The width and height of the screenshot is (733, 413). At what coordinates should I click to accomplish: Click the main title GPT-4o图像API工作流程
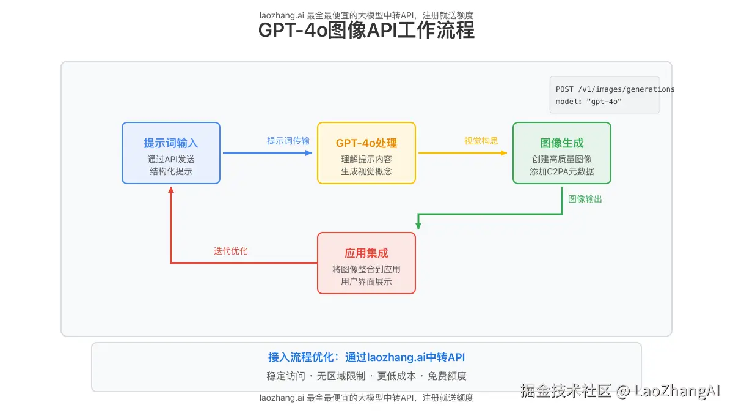(x=366, y=30)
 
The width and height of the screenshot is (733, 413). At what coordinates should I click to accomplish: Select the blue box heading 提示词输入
(x=171, y=143)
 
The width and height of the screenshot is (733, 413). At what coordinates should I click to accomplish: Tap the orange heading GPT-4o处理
(x=366, y=143)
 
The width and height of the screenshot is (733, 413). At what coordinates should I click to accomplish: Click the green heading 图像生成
(x=562, y=143)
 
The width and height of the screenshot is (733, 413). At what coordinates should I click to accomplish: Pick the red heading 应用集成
(x=366, y=253)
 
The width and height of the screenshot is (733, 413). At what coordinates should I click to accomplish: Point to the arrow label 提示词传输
(x=288, y=141)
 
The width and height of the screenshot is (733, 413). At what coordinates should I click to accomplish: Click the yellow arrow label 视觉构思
(x=481, y=141)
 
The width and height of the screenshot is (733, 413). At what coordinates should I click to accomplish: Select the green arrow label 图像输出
(x=585, y=199)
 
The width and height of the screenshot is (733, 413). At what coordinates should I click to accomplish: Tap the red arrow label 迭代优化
(x=231, y=251)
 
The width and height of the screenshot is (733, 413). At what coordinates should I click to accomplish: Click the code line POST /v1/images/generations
(x=615, y=89)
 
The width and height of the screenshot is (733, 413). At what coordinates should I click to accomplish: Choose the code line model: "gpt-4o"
(x=589, y=102)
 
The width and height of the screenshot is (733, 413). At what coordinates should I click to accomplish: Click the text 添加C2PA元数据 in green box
(x=562, y=171)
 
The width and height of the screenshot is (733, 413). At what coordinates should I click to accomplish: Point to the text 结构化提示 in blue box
(x=171, y=171)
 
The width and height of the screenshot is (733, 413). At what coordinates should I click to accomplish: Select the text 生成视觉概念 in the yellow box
(x=366, y=171)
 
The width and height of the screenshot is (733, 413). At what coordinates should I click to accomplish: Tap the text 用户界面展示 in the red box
(x=366, y=281)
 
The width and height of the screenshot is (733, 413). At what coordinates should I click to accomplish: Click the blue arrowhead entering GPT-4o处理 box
(x=308, y=153)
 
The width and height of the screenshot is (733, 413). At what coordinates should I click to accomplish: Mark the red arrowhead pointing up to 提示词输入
(x=171, y=190)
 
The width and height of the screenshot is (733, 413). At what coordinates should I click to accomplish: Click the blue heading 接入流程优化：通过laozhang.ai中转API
(x=366, y=358)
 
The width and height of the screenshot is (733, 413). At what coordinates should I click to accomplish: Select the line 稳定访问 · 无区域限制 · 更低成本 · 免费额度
(x=366, y=376)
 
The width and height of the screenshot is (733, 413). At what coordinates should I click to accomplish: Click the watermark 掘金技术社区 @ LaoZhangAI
(x=621, y=391)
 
